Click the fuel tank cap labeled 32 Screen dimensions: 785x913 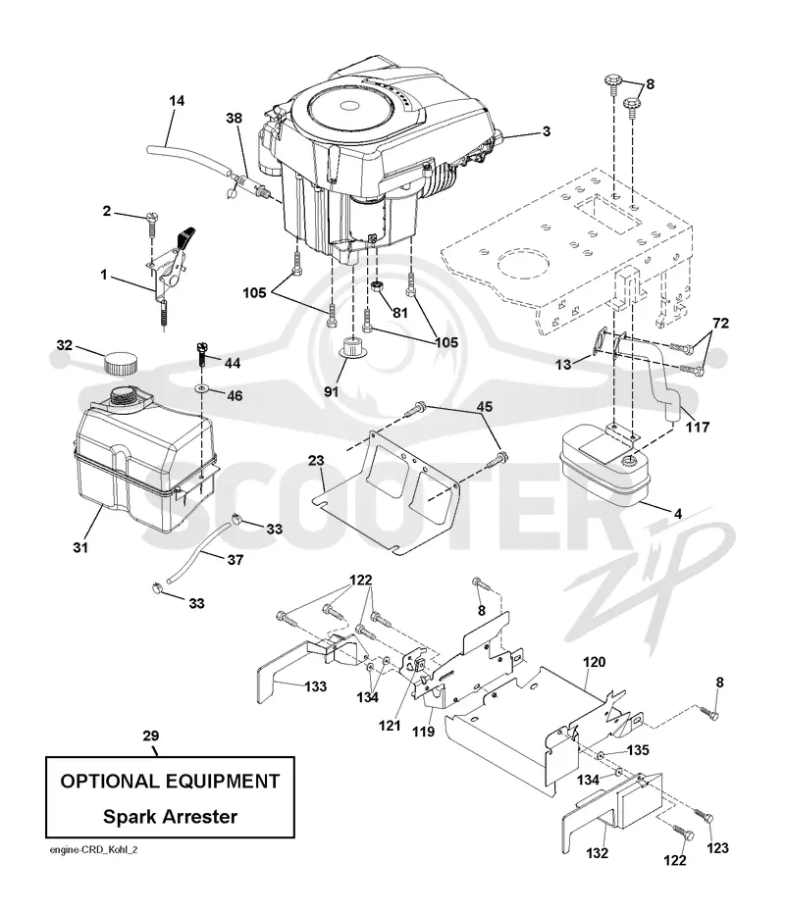pos(122,363)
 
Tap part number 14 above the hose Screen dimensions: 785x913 pos(177,101)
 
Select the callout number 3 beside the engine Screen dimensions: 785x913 pos(546,131)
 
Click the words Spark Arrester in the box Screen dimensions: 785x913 pos(170,816)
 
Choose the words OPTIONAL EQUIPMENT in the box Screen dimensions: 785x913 pos(170,781)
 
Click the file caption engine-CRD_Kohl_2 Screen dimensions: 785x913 pos(94,849)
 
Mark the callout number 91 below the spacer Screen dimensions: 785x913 pos(331,391)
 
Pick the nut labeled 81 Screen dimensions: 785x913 pos(377,286)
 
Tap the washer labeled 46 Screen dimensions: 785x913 pos(202,387)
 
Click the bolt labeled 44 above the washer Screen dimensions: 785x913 pos(201,355)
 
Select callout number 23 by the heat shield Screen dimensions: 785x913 pos(316,461)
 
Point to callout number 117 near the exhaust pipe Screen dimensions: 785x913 pos(698,427)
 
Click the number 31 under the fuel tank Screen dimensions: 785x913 pos(80,547)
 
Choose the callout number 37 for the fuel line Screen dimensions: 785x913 pos(235,560)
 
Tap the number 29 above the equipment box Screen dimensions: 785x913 pos(151,735)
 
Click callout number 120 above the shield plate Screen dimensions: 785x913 pos(594,662)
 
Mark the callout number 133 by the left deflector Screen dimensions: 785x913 pos(315,686)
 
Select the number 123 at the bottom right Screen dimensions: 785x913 pos(717,848)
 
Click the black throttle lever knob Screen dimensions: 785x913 pos(185,237)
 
